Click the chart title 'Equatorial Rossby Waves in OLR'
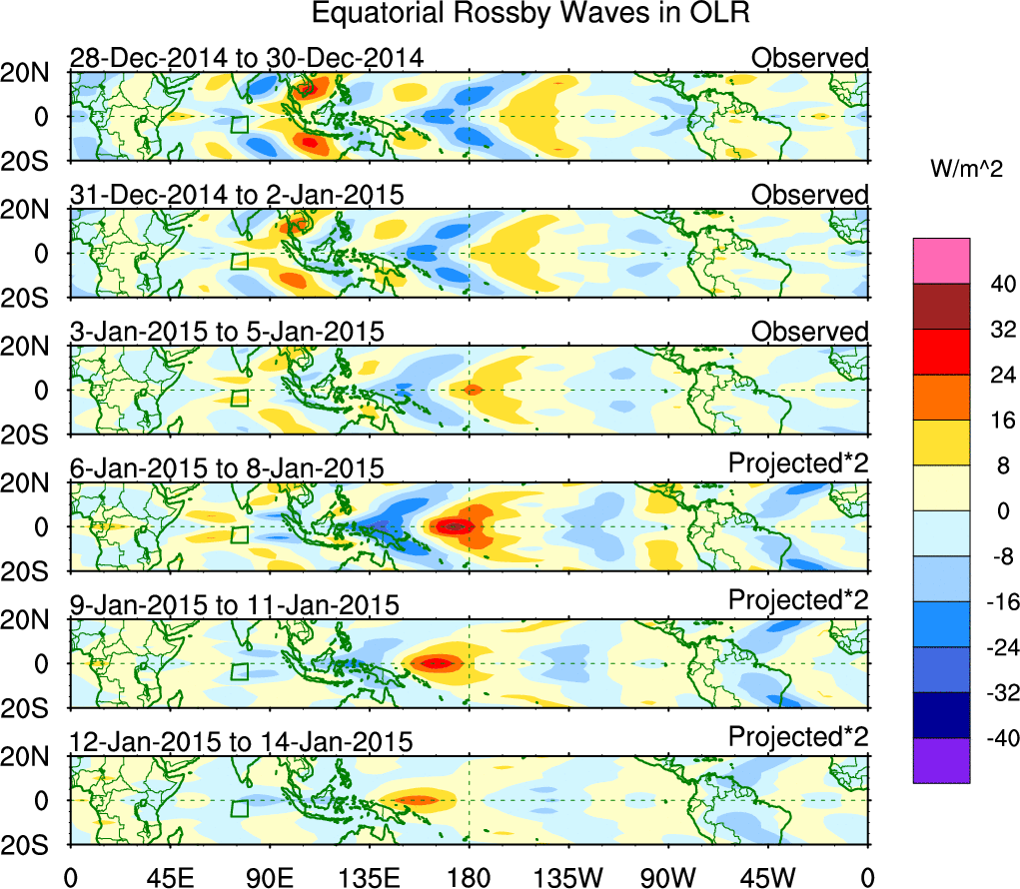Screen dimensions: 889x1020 point(530,14)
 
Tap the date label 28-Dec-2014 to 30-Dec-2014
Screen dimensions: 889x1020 point(247,58)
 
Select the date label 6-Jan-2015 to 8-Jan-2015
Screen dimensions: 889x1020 point(227,468)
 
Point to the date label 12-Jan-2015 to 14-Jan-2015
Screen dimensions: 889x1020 point(241,742)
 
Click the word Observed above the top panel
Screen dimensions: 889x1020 point(810,58)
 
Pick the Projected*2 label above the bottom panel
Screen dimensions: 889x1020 point(798,737)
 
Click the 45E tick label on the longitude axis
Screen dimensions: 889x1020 point(168,876)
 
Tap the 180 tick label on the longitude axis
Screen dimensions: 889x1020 point(468,876)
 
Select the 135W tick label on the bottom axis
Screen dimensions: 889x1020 point(567,876)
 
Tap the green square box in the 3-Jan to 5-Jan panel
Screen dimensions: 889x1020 point(239,398)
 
